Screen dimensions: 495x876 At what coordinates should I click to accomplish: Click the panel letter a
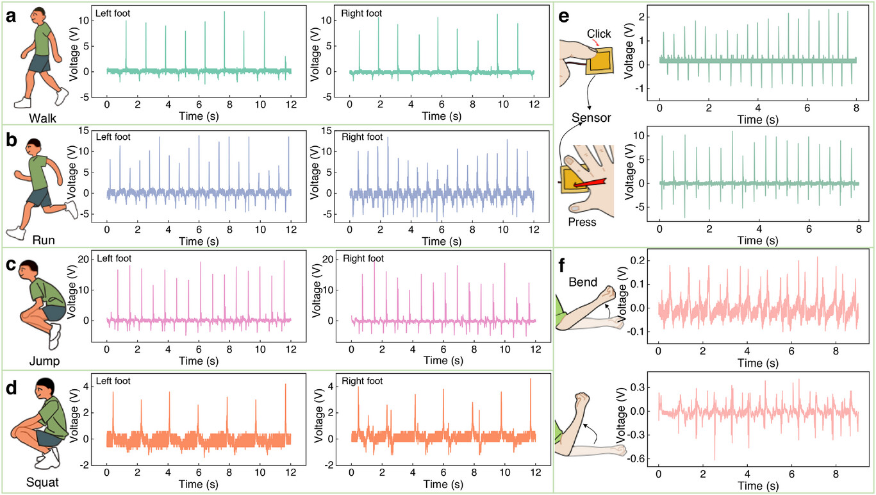10,17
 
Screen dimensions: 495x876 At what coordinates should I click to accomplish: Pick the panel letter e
565,17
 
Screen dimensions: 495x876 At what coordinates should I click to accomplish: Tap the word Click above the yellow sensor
599,33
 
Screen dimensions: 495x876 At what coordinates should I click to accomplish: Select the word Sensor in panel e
591,117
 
